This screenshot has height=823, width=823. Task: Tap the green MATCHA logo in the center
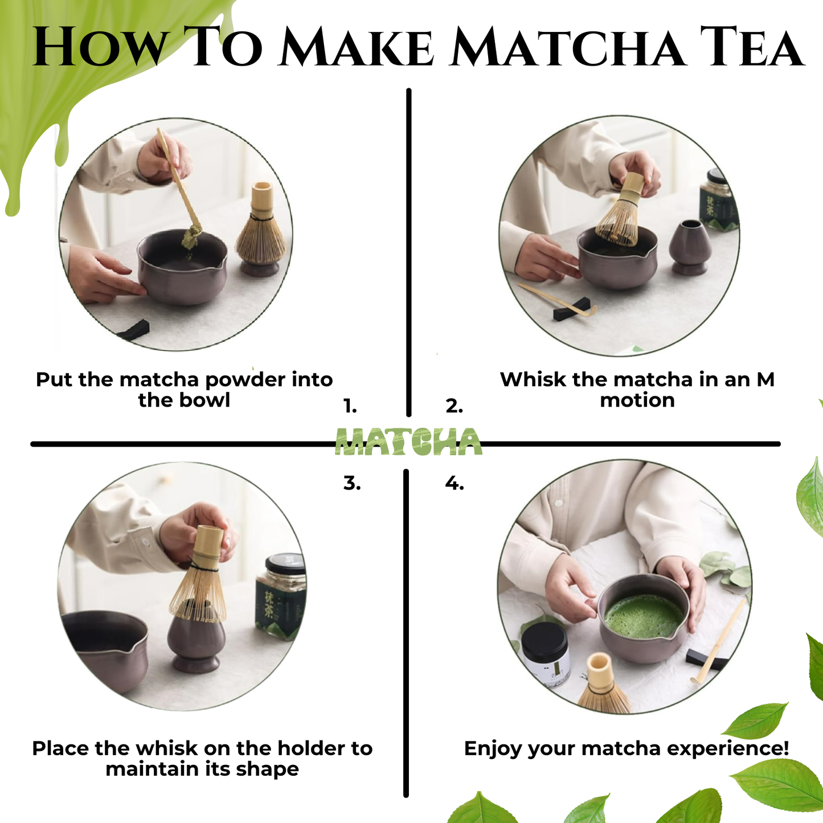pyautogui.click(x=408, y=442)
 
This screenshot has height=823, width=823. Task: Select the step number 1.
pyautogui.click(x=350, y=407)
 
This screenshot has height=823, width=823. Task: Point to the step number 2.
pyautogui.click(x=454, y=407)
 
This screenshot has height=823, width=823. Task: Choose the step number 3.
pyautogui.click(x=352, y=484)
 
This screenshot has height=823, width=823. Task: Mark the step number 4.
pyautogui.click(x=454, y=484)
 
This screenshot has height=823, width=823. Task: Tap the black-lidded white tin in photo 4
pyautogui.click(x=545, y=655)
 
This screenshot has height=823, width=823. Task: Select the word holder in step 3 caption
pyautogui.click(x=311, y=748)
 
